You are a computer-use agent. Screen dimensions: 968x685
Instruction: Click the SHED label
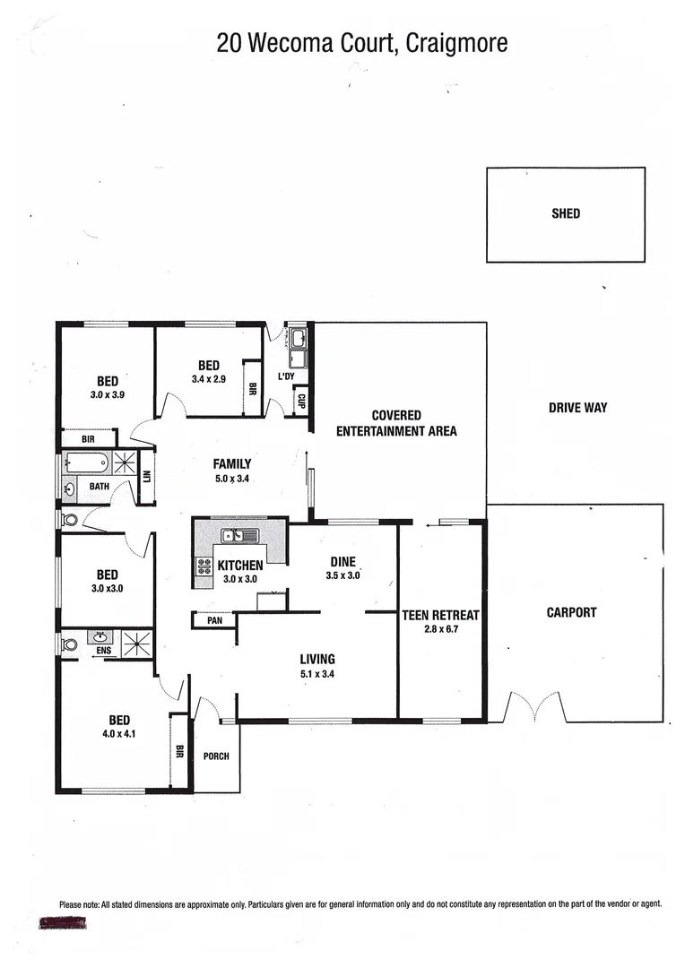[565, 213]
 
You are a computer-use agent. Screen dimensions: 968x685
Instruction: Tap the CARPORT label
[571, 613]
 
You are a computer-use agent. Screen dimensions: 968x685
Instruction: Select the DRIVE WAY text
[577, 408]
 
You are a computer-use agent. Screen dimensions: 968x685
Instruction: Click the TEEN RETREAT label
[440, 615]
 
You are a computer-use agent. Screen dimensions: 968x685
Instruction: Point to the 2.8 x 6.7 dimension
[440, 629]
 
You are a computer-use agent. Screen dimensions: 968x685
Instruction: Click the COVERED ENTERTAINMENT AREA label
[396, 423]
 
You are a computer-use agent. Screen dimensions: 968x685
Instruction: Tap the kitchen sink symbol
[239, 536]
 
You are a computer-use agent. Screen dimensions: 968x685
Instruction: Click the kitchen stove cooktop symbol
[204, 566]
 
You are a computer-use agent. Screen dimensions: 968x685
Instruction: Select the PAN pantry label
[214, 619]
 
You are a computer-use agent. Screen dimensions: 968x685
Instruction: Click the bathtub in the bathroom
[88, 463]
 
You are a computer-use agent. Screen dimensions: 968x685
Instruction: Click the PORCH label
[216, 756]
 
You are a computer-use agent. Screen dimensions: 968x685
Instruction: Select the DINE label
[342, 562]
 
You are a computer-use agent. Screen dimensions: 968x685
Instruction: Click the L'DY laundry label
[286, 376]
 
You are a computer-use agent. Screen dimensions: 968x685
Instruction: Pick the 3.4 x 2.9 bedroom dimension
[208, 379]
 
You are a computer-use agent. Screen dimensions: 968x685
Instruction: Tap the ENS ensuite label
[105, 651]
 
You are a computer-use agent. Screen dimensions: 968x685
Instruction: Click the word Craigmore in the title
[457, 42]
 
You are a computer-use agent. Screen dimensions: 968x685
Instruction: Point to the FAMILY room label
[231, 464]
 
